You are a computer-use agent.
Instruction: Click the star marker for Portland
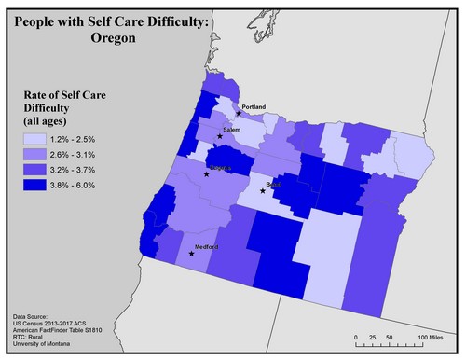pyautogui.click(x=239, y=114)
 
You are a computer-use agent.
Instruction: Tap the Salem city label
pyautogui.click(x=232, y=131)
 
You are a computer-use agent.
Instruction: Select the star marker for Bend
pyautogui.click(x=263, y=191)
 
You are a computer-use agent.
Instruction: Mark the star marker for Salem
pyautogui.click(x=220, y=137)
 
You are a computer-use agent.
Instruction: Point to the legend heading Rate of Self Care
pyautogui.click(x=66, y=95)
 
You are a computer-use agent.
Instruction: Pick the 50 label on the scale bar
pyautogui.click(x=387, y=336)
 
